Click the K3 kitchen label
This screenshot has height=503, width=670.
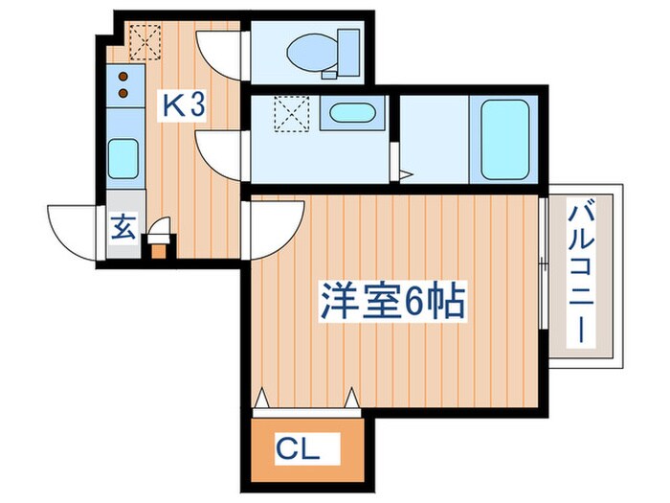pyautogui.click(x=182, y=104)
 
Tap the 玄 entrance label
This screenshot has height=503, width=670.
pyautogui.click(x=123, y=230)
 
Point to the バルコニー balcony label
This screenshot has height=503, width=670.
pyautogui.click(x=581, y=272)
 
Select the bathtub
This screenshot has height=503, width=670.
pyautogui.click(x=505, y=139)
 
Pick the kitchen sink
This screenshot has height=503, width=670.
pyautogui.click(x=123, y=158)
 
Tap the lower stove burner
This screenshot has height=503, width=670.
pyautogui.click(x=123, y=93)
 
